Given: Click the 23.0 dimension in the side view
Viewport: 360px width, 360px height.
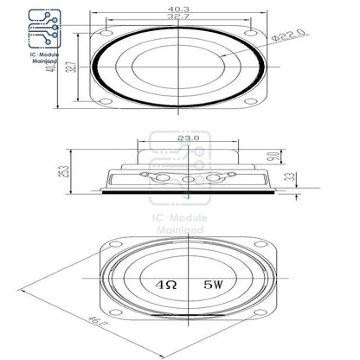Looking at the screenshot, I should (189, 137).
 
